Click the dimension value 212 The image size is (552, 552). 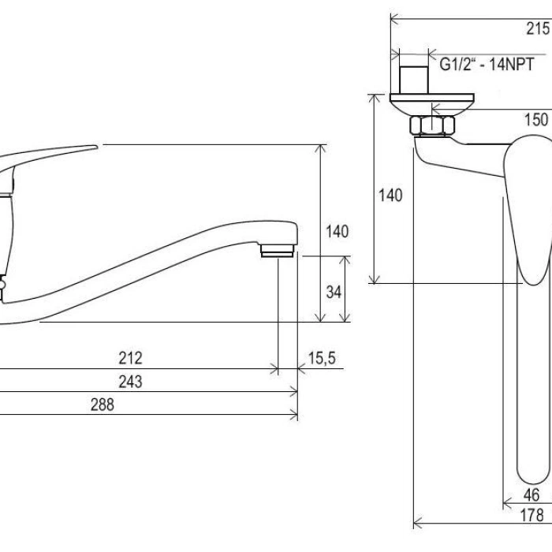coord(130,358)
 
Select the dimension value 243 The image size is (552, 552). coord(130,382)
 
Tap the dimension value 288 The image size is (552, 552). coord(102,405)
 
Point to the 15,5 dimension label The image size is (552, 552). coord(322,358)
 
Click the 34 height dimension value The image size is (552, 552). coord(334,292)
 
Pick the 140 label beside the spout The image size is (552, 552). coord(337,232)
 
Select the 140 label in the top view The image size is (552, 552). coord(390,195)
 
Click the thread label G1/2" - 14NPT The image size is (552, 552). coord(487,64)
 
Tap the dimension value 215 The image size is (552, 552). coord(538,28)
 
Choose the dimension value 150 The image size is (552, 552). coord(536,120)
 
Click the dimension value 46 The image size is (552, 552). coord(531,495)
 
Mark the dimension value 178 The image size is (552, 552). coord(532,516)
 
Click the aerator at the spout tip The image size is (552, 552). coord(277,251)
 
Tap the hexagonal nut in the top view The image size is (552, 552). coord(432,125)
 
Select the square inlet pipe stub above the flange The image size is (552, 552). coord(414,80)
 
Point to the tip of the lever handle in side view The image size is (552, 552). coord(97,147)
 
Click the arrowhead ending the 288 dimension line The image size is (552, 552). coord(293,414)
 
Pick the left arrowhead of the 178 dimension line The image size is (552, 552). coord(417,523)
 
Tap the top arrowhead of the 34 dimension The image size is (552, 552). coord(345,260)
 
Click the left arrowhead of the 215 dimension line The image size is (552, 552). coord(395,19)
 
